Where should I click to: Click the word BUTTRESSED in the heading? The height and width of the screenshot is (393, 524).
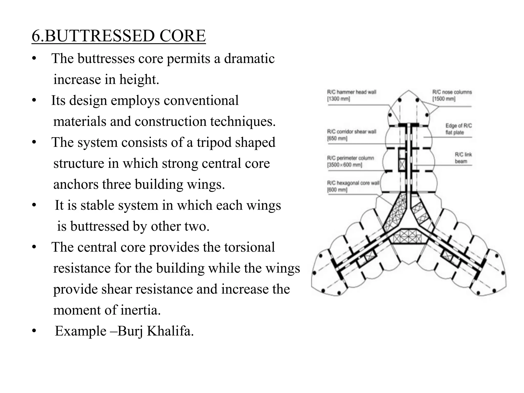point(99,36)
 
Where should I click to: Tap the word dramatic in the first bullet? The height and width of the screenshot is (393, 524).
point(249,59)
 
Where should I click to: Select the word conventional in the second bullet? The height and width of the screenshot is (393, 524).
point(201,100)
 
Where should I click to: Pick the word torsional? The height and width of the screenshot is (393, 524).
point(249,247)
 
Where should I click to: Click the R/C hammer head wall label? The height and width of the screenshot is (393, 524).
point(352,92)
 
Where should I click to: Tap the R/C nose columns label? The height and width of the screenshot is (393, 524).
point(452,92)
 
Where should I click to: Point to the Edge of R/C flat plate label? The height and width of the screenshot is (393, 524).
point(458,129)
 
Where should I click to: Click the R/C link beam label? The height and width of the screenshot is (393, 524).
point(463,158)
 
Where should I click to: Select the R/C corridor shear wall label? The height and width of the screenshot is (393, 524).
point(352,132)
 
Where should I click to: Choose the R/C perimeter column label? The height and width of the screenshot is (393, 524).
point(350,158)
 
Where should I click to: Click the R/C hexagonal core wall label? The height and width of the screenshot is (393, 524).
point(353,183)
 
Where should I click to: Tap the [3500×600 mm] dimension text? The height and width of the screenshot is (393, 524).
point(344,165)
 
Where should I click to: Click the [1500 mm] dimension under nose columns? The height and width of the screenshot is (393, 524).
point(444,99)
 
